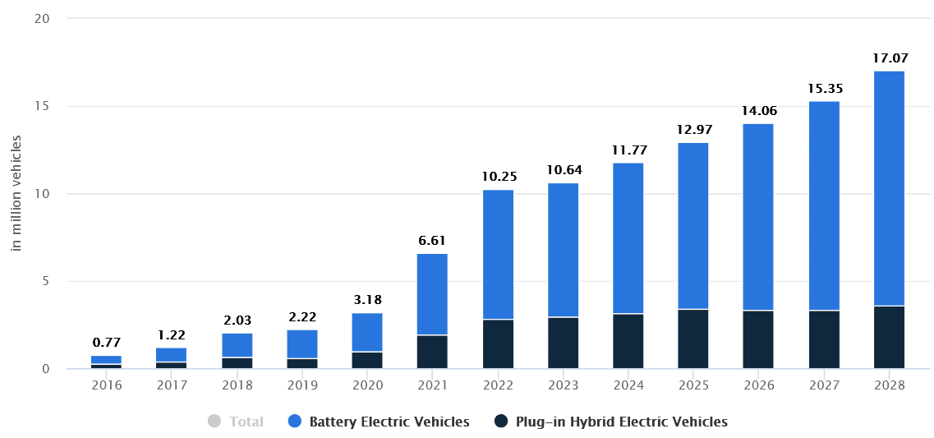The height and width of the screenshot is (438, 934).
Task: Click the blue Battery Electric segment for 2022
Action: pos(498,254)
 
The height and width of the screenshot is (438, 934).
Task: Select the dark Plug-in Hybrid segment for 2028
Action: pos(888,337)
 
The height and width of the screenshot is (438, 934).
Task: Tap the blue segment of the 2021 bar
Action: pos(432,294)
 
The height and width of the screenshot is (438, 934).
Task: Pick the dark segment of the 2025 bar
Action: pos(693,339)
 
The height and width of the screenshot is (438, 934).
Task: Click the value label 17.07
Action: pos(888,58)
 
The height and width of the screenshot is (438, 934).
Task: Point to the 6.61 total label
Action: pos(432,241)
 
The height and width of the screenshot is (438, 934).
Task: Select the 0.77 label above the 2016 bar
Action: pos(107,343)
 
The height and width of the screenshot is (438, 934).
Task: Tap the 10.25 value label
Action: pos(498,177)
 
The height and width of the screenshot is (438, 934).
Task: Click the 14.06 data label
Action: pos(758,111)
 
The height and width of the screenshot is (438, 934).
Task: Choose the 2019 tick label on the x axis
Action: pos(302,385)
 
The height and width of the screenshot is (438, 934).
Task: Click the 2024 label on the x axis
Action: pos(628,385)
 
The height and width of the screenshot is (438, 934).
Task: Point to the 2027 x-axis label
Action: pos(823,385)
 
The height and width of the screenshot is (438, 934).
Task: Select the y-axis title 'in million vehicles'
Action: pos(16,192)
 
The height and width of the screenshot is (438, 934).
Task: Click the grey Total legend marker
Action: pos(214,422)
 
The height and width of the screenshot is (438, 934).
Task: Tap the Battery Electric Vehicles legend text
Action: pos(389,422)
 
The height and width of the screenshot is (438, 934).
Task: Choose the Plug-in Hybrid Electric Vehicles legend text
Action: pos(622,422)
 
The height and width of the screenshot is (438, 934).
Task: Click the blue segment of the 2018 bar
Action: pos(237,345)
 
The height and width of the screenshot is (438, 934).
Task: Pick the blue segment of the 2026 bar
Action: pos(758,217)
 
